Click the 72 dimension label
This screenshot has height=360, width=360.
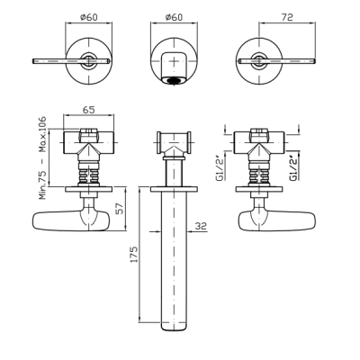pos(287,17)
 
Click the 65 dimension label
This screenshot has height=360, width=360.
pos(88,110)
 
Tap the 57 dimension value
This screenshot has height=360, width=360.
pos(119,209)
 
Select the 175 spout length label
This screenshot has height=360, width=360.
pos(133,255)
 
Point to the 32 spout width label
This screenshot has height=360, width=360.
pos(201,226)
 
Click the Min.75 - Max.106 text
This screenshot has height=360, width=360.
pos(43,157)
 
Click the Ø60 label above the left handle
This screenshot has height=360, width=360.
pos(89,17)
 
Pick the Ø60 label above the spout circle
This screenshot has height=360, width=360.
pos(174,17)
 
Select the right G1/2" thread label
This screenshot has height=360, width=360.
pos(293,169)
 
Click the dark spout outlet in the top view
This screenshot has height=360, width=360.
pos(174,80)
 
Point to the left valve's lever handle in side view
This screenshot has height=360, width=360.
pos(71,221)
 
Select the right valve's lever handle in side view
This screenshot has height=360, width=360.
pos(276,221)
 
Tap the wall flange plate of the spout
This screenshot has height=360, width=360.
pos(174,189)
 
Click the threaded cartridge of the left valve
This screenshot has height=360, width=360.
pos(89,175)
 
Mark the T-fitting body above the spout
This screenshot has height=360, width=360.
pos(174,142)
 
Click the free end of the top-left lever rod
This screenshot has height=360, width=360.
pos(33,61)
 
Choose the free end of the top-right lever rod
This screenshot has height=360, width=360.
pos(314,61)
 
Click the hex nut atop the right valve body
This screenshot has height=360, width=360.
pos(259,131)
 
